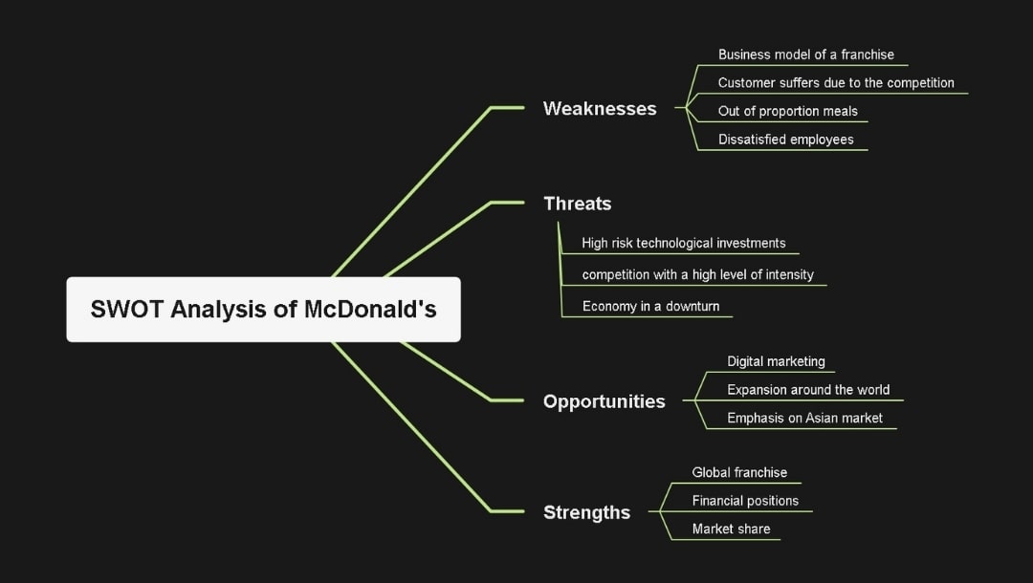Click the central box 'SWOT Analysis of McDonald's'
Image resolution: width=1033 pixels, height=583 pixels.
click(x=263, y=310)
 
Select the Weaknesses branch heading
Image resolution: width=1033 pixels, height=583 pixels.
click(x=600, y=108)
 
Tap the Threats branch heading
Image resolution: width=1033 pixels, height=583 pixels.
click(x=577, y=203)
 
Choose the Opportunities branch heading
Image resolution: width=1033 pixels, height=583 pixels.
click(x=604, y=401)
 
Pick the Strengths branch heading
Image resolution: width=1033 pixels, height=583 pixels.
click(x=586, y=512)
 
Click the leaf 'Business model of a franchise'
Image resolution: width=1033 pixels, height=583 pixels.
click(x=805, y=54)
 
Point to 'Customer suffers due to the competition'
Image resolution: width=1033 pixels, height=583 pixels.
click(x=835, y=83)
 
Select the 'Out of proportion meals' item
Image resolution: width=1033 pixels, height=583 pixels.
click(x=787, y=111)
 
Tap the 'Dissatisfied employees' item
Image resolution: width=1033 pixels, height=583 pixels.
click(x=785, y=140)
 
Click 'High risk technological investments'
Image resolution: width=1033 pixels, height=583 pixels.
click(x=683, y=243)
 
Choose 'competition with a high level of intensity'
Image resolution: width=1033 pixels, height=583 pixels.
click(x=697, y=274)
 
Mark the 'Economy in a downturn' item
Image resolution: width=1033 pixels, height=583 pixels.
click(x=650, y=307)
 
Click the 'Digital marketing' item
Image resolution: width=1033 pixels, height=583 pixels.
click(x=776, y=361)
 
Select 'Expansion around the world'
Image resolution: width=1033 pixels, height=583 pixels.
click(x=807, y=390)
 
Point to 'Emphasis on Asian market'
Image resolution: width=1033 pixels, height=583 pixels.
click(x=804, y=418)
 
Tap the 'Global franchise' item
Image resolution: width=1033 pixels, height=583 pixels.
click(x=739, y=472)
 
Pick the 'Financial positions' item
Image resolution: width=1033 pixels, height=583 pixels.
click(x=745, y=501)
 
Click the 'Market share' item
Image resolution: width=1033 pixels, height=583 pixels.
click(x=731, y=529)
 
